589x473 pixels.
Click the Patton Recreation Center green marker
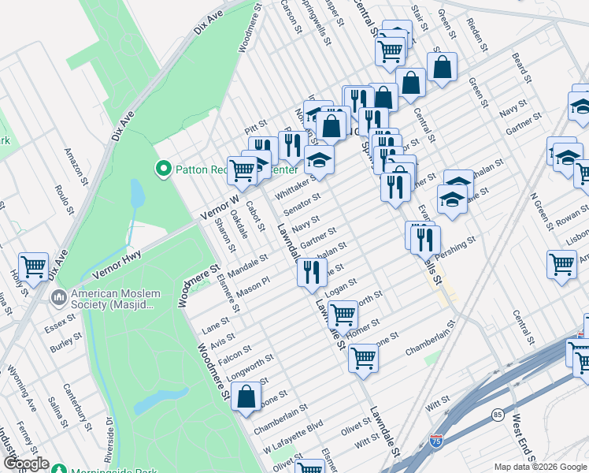click(x=164, y=168)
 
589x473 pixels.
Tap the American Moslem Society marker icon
click(x=57, y=298)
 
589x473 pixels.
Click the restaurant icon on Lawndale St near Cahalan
click(x=312, y=272)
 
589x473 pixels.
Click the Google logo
click(x=27, y=464)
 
